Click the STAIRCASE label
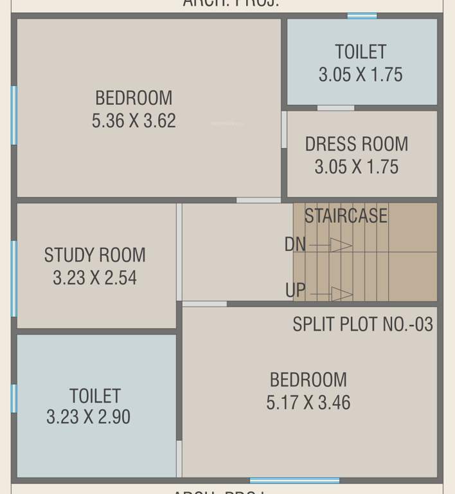[346, 215]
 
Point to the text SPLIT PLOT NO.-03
[363, 324]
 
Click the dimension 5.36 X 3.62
[134, 121]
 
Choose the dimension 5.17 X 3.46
[308, 403]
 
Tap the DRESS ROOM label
[357, 143]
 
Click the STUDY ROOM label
[95, 255]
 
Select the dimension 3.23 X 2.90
[89, 417]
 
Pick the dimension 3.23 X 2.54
[95, 278]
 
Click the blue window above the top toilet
[362, 15]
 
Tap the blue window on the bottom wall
[294, 480]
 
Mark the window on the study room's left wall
[13, 279]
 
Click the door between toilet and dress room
[335, 107]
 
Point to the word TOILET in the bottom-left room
[95, 395]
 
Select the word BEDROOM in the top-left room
[134, 98]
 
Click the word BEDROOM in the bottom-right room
[308, 380]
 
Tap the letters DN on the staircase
[295, 244]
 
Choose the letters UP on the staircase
[296, 290]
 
